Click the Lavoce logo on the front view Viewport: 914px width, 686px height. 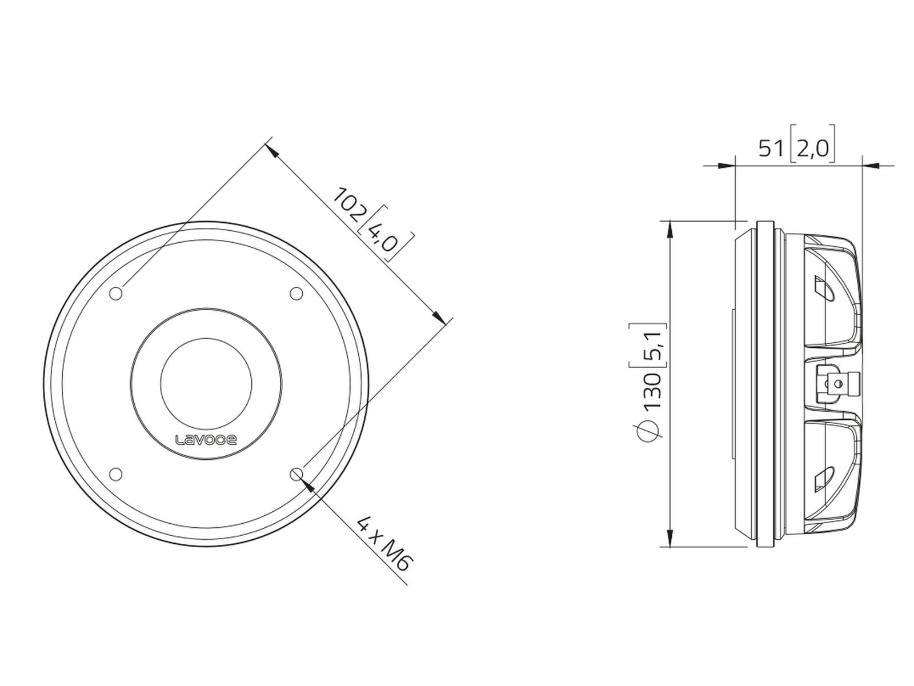tap(206, 440)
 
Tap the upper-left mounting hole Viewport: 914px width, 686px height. tap(115, 294)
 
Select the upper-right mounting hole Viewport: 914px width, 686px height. tap(296, 294)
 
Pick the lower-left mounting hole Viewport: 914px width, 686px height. tap(115, 474)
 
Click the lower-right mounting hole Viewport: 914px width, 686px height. tap(296, 474)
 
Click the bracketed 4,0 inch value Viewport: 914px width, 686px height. tap(387, 234)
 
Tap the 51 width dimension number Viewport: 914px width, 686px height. tap(771, 148)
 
